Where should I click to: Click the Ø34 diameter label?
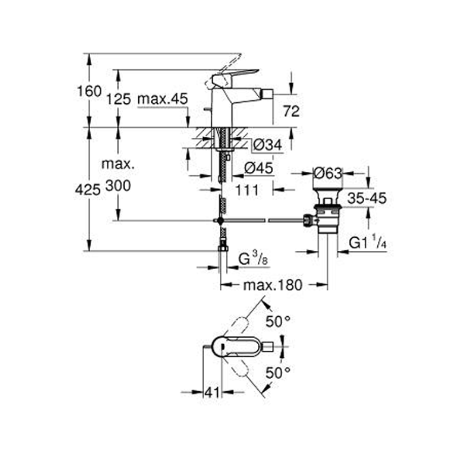(268, 146)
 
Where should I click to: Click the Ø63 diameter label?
(328, 173)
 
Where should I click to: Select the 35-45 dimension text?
(367, 198)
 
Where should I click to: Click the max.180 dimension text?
(273, 284)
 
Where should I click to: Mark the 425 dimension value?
(88, 189)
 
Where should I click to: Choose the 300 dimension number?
(118, 186)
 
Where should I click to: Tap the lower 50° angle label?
(278, 372)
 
